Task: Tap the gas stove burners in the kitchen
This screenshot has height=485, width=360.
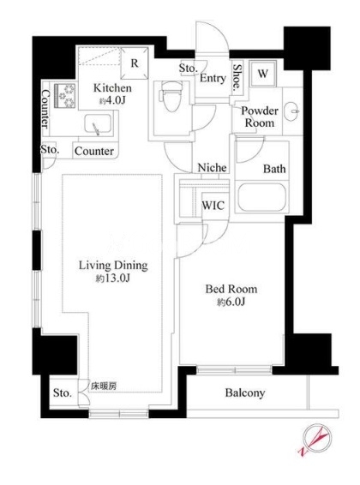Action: (65, 96)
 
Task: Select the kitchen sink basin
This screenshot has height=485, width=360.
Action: (98, 124)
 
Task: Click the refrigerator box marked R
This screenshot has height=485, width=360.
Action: (135, 63)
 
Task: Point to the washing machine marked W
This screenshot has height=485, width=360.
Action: (262, 75)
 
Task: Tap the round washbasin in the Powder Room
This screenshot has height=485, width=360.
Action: (291, 111)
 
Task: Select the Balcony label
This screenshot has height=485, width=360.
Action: (245, 392)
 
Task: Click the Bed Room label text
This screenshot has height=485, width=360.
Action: (231, 290)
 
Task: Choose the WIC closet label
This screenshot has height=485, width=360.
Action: (213, 206)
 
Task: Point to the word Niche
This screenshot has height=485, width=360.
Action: (213, 168)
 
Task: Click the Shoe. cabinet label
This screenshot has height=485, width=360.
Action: (237, 76)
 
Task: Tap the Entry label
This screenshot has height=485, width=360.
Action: (213, 78)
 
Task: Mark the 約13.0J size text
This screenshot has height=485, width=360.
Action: (112, 278)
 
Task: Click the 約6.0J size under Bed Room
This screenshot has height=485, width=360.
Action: (231, 302)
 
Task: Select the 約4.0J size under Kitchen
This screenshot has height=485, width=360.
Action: (112, 100)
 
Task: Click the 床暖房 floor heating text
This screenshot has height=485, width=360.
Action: (104, 386)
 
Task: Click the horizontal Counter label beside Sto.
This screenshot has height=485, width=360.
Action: (94, 152)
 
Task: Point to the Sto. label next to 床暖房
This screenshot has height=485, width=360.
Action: (63, 392)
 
